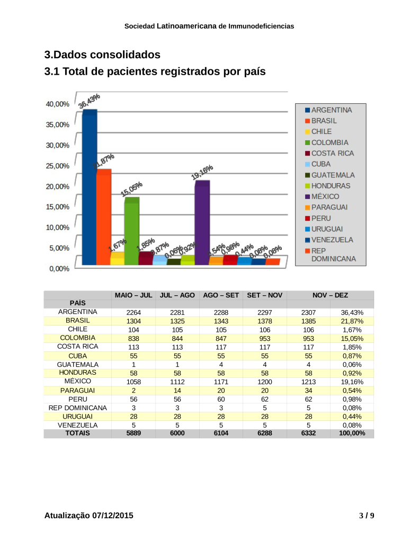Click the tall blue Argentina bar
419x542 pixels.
(89, 188)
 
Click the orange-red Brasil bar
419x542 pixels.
(103, 218)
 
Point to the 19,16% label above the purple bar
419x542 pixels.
(202, 173)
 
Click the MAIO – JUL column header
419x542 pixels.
(133, 295)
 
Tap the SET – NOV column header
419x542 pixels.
(264, 295)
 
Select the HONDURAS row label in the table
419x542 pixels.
(77, 373)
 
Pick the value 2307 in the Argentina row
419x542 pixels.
(308, 312)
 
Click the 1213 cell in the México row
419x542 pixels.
(308, 382)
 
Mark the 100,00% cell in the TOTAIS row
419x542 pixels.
(352, 433)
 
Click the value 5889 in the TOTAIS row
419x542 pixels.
(133, 433)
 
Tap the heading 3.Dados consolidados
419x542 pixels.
(102, 55)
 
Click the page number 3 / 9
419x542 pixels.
(367, 516)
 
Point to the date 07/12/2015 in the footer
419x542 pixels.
(112, 516)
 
